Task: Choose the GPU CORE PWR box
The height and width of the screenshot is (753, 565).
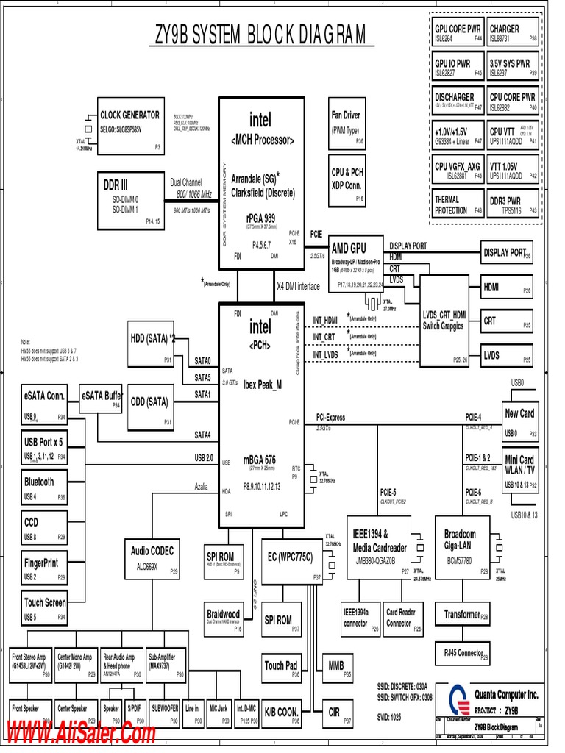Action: (458, 33)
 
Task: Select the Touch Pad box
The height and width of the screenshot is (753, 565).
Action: (281, 668)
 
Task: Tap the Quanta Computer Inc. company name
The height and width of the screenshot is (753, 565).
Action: (505, 694)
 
